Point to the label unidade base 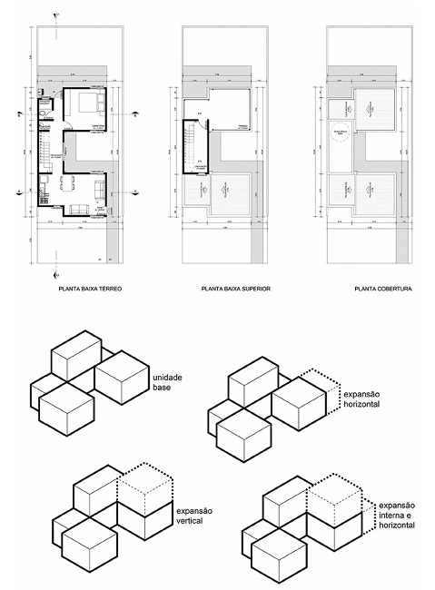pyautogui.click(x=169, y=382)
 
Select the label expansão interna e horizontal pyautogui.click(x=396, y=516)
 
